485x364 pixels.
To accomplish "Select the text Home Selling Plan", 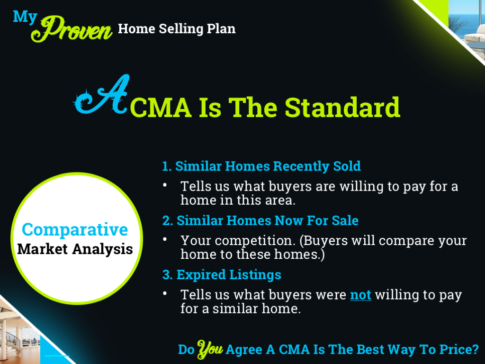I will (176, 29).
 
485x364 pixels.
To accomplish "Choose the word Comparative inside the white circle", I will (75, 230).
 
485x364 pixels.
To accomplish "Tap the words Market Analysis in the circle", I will (75, 249).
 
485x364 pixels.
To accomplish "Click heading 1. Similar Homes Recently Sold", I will (261, 166).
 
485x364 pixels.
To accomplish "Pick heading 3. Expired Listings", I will (221, 275).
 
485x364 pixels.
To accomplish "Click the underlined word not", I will (360, 295).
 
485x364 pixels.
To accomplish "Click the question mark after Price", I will (475, 350).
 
